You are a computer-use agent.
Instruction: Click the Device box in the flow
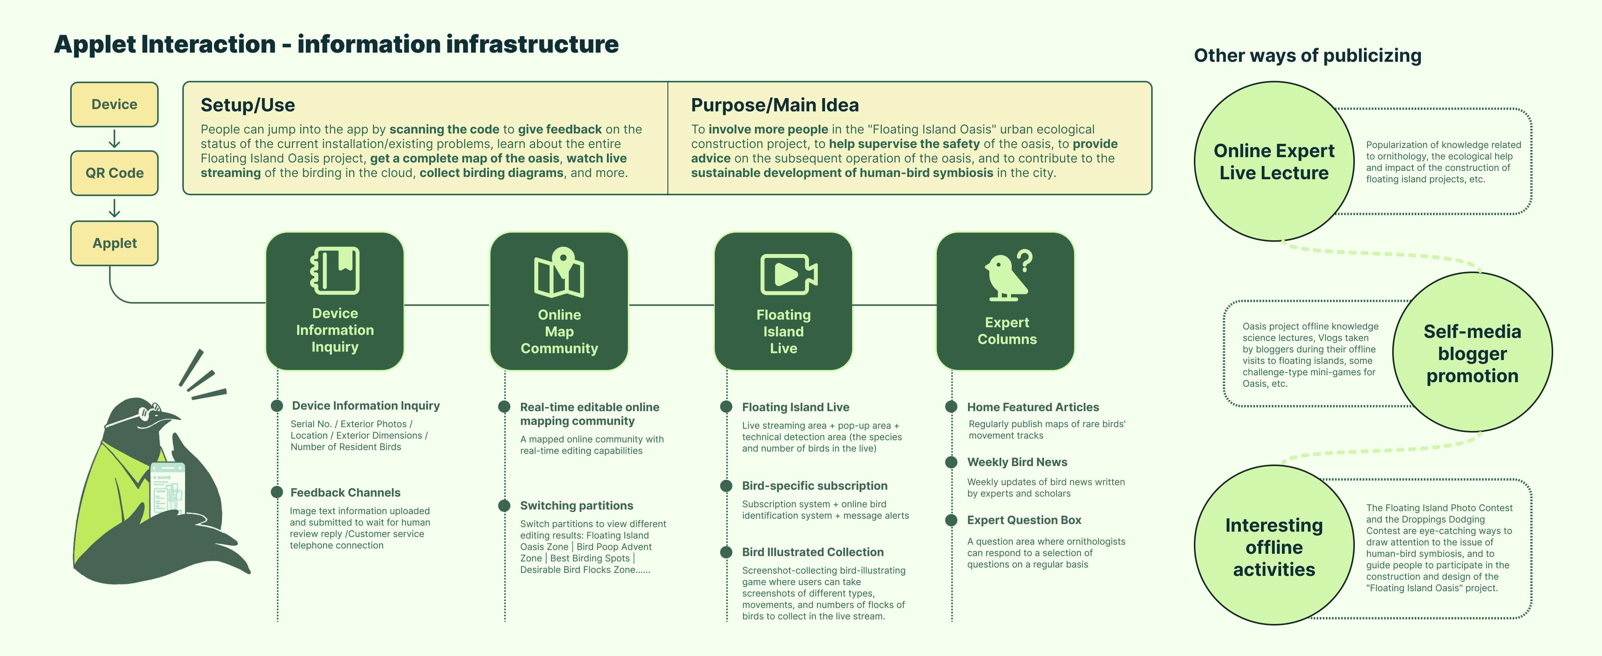pyautogui.click(x=114, y=105)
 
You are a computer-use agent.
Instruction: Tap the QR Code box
pyautogui.click(x=114, y=173)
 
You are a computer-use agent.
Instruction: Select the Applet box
pyautogui.click(x=114, y=243)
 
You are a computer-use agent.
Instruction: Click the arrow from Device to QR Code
pyautogui.click(x=114, y=139)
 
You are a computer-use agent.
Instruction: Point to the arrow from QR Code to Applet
pyautogui.click(x=114, y=208)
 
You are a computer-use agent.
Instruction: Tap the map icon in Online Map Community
pyautogui.click(x=559, y=273)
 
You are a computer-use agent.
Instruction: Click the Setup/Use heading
pyautogui.click(x=248, y=105)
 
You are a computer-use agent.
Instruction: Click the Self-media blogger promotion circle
pyautogui.click(x=1472, y=352)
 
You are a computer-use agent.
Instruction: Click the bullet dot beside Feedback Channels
pyautogui.click(x=277, y=492)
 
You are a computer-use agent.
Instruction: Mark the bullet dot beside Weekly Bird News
pyautogui.click(x=951, y=462)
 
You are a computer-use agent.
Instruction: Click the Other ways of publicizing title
pyautogui.click(x=1307, y=55)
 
